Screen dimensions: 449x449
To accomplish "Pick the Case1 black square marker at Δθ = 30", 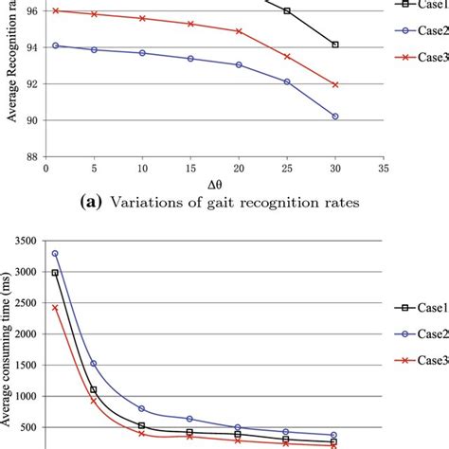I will [335, 45].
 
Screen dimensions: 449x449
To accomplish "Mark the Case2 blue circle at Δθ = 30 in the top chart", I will [335, 117].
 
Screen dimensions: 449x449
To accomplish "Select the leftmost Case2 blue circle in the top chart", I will [56, 45].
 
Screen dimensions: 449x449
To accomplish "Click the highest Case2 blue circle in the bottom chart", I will [55, 253].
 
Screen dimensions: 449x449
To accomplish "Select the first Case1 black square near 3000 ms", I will [55, 273].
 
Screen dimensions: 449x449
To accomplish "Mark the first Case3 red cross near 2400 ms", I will [55, 308].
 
